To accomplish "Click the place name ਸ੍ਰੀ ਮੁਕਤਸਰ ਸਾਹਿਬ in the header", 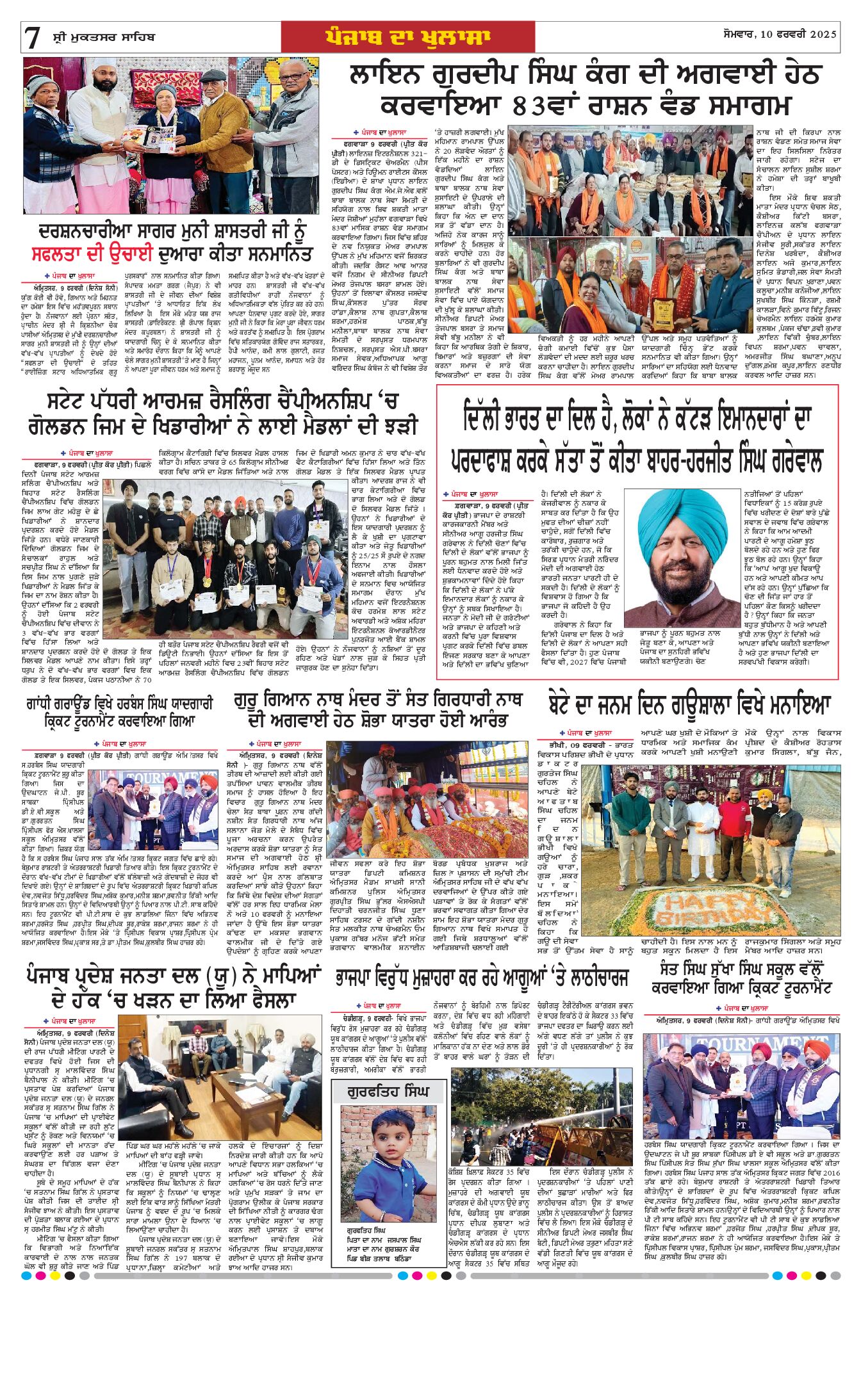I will (x=104, y=36).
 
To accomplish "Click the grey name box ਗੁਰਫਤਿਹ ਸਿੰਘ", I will (x=388, y=1092).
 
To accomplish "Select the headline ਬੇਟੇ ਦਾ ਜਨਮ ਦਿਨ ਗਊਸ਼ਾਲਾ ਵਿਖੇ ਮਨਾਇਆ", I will (x=689, y=706).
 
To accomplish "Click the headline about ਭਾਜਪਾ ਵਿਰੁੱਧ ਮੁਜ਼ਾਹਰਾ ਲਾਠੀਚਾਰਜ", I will (x=481, y=978).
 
